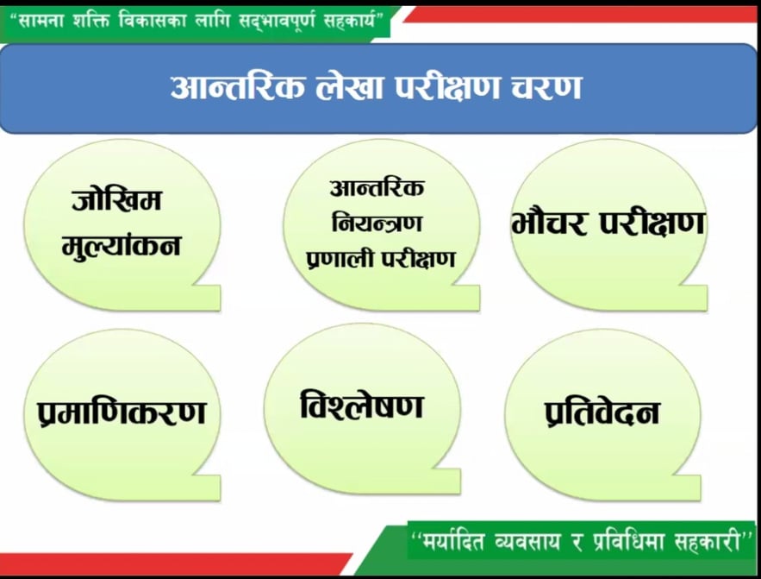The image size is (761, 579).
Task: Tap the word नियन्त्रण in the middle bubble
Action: (377, 223)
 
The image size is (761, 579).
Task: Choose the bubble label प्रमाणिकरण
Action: (122, 412)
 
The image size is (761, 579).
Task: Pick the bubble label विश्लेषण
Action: (362, 406)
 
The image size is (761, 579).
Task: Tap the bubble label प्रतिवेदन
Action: (602, 413)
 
